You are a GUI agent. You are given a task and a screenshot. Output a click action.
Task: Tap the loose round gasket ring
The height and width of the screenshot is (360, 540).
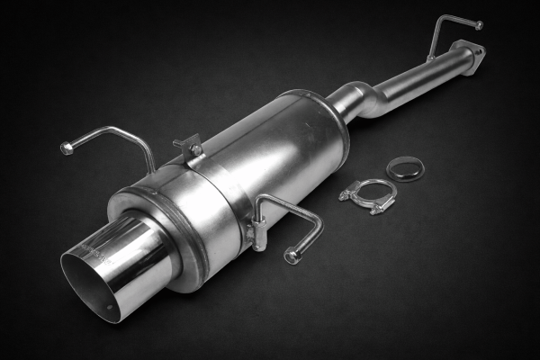tap(405, 167)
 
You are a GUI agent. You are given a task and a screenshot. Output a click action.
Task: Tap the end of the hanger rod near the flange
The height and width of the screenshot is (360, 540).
tap(479, 25)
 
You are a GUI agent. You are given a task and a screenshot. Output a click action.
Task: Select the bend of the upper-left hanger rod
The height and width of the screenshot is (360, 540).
tap(135, 135)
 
